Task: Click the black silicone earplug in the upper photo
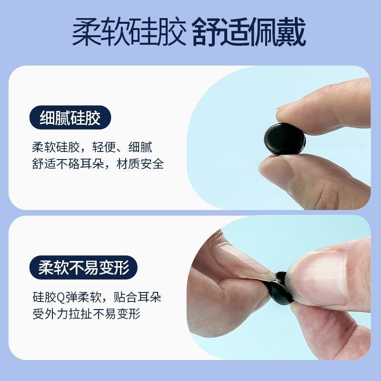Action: point(285,139)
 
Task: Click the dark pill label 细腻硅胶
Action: point(70,118)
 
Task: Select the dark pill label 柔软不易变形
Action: point(83,267)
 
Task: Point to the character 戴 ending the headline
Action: point(291,31)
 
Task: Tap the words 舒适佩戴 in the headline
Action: point(249,31)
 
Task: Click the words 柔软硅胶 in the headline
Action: point(129,31)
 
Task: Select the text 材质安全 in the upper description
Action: point(140,163)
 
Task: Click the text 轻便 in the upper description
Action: point(104,147)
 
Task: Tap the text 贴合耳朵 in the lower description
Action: point(138,297)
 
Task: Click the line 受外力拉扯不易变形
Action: point(87,314)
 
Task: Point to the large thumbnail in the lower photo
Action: point(321,278)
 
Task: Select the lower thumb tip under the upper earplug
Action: point(280,168)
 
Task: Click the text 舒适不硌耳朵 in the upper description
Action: point(68,163)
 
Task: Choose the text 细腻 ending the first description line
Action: point(140,147)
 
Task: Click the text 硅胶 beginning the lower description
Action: point(44,297)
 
